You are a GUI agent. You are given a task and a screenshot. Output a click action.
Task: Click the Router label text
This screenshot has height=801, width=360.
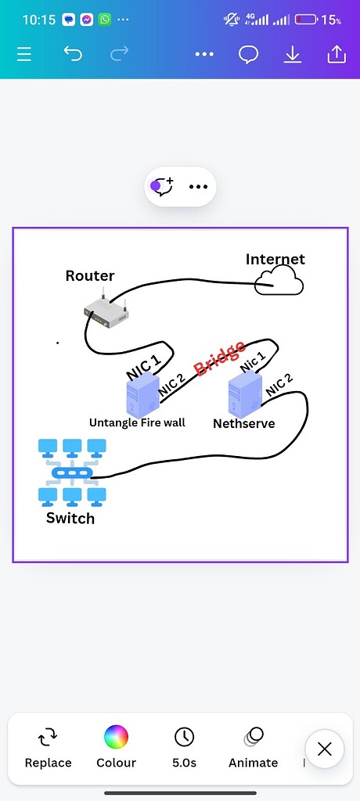(90, 275)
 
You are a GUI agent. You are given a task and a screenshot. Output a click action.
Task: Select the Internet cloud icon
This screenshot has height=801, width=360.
(279, 281)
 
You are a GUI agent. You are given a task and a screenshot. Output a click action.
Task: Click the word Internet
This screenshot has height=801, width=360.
(275, 259)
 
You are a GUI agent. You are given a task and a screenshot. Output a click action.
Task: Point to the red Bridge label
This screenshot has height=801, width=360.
(220, 357)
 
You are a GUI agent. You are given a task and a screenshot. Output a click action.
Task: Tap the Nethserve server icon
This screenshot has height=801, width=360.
(243, 395)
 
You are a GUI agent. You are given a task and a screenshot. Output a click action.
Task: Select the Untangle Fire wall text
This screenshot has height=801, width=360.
(137, 422)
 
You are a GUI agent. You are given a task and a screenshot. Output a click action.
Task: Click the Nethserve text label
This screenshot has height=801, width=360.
(244, 424)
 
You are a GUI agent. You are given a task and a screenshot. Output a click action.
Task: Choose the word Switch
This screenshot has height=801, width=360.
(70, 518)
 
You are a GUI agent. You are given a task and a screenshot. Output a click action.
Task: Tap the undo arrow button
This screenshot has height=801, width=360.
(73, 54)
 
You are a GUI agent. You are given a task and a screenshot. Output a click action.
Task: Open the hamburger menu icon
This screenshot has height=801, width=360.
(24, 54)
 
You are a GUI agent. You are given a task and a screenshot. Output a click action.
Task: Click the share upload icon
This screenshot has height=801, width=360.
(337, 54)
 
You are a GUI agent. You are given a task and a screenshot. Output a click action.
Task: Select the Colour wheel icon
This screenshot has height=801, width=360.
(116, 737)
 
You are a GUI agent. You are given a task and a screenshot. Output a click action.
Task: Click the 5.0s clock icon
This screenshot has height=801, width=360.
(184, 737)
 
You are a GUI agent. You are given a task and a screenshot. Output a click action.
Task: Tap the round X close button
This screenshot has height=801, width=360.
(325, 749)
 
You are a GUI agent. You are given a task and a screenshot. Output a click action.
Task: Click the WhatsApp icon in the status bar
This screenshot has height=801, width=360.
(105, 20)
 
